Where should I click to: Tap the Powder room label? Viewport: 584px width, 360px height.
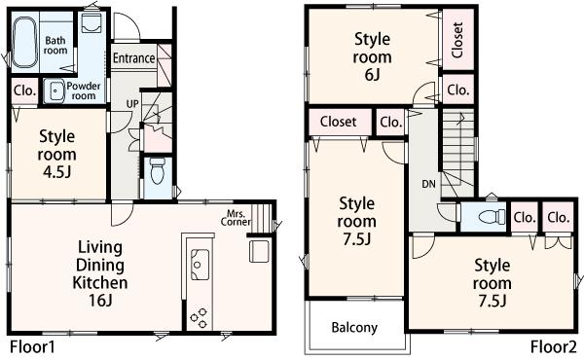pos(83,91)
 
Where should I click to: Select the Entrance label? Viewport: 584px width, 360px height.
pos(133,58)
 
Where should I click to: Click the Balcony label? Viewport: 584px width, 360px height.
pos(354,328)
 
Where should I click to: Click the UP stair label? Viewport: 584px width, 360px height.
pos(129,103)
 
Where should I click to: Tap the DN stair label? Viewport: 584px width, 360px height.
pos(428,183)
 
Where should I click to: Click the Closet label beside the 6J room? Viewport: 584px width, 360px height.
pos(457,40)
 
